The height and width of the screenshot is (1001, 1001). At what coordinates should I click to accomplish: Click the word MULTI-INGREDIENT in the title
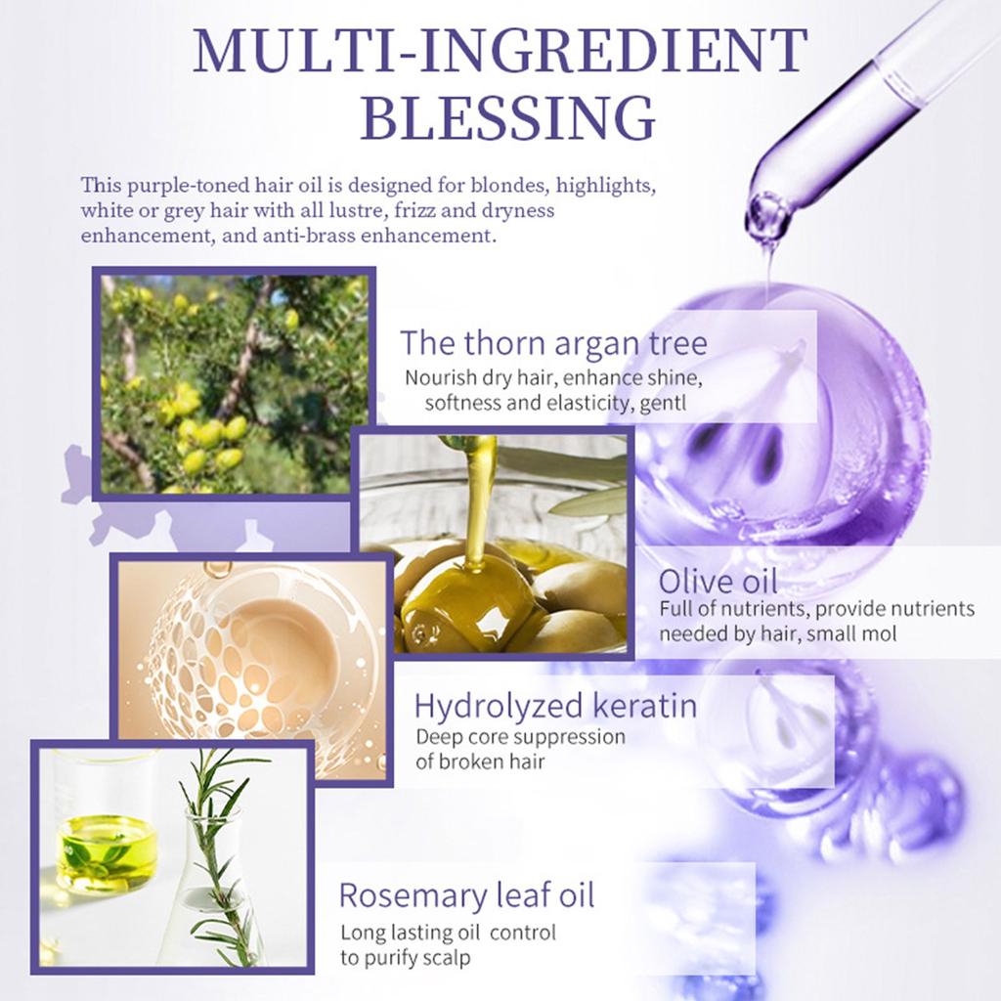coord(500,51)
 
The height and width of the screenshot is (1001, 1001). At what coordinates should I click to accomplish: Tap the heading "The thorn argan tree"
coord(553,344)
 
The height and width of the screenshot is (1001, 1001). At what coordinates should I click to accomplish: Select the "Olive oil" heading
coord(718,581)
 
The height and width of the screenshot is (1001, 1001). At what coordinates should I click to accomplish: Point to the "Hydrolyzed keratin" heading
coord(555,706)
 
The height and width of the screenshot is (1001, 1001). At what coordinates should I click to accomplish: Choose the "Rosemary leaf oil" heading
coord(466,894)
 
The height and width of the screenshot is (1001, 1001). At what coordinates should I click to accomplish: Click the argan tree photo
coord(235,383)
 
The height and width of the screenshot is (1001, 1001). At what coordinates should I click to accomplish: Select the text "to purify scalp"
coord(405,957)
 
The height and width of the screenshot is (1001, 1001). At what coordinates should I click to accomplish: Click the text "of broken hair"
coord(480,762)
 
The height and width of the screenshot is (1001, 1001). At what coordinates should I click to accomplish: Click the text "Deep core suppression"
coord(520,737)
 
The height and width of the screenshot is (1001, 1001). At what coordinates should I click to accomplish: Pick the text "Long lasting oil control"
coord(448,933)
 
